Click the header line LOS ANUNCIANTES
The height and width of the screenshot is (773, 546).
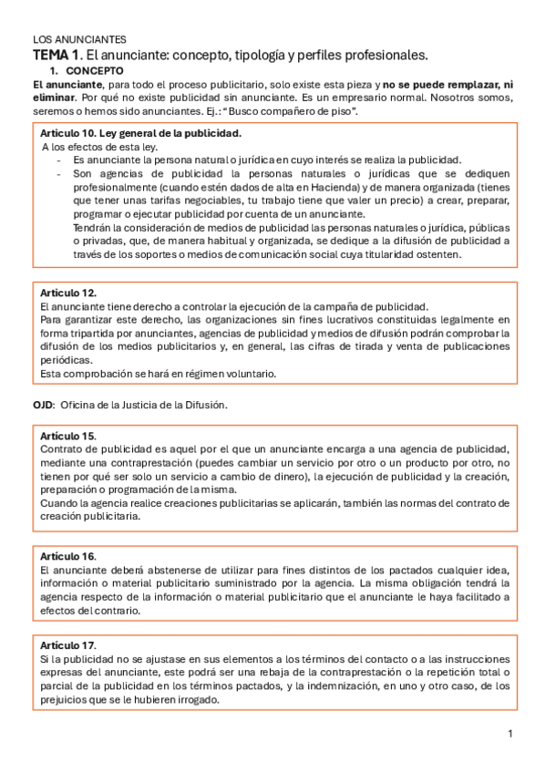point(79,40)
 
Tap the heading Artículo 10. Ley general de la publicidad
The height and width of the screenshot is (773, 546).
point(141,133)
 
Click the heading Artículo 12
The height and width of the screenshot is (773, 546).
point(68,293)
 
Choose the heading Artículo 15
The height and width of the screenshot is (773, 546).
point(68,437)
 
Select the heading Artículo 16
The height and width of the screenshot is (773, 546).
point(68,556)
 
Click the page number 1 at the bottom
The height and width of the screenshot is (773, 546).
point(510,734)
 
